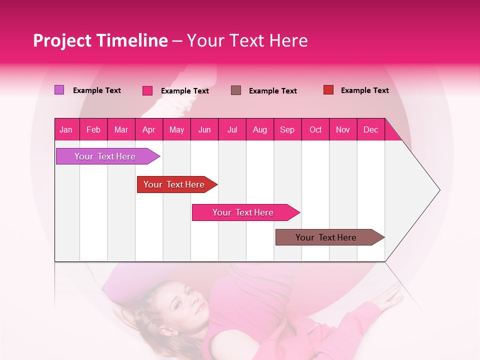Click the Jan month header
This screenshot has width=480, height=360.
(x=66, y=129)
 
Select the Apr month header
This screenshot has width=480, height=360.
(x=148, y=129)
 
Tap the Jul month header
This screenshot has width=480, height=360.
(x=232, y=129)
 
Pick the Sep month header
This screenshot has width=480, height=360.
(x=287, y=129)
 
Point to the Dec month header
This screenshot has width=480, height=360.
(x=370, y=129)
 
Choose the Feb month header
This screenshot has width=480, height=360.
(x=93, y=129)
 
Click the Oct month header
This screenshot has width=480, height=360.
(x=315, y=129)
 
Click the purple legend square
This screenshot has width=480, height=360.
(x=59, y=90)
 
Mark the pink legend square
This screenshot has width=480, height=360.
(x=147, y=90)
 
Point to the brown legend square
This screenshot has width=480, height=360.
(x=236, y=90)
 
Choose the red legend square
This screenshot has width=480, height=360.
(x=328, y=90)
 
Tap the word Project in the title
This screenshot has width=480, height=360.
(x=61, y=40)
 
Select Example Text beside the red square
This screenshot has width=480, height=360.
(x=364, y=90)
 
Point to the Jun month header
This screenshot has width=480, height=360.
(x=204, y=129)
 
